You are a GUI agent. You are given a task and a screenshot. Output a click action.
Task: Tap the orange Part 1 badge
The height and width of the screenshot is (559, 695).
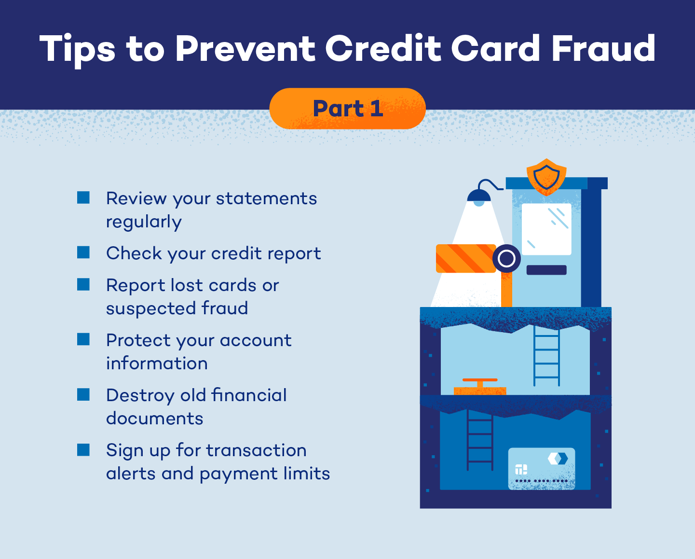point(347,109)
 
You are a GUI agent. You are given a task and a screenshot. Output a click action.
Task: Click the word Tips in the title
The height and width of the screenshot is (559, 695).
point(77,49)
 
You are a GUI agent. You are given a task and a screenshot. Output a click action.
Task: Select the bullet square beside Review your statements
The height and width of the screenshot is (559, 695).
point(83,197)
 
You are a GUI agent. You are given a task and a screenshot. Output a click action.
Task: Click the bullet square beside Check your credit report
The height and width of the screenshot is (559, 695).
point(83,252)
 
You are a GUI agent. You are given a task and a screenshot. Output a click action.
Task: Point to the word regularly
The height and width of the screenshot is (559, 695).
point(144,222)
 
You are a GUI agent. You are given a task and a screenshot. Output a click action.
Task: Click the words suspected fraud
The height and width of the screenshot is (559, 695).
point(177,308)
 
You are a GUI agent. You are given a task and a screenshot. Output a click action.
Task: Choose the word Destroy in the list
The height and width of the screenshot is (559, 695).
point(140,396)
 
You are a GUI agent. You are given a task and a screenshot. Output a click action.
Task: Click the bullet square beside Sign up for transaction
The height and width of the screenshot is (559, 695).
point(83,450)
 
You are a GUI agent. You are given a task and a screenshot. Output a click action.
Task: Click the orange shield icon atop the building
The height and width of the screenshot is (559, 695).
point(546,177)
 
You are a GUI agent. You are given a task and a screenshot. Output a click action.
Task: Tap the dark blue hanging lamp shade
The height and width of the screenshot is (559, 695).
point(478,196)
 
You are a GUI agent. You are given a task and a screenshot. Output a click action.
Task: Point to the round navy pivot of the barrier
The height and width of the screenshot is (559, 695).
point(506,259)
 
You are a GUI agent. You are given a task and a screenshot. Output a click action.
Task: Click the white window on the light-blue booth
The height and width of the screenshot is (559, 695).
point(546,229)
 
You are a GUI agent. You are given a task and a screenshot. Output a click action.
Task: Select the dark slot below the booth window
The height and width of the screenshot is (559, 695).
point(546,270)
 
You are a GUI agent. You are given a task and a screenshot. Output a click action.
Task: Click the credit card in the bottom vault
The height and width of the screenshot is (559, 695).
point(542,469)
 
